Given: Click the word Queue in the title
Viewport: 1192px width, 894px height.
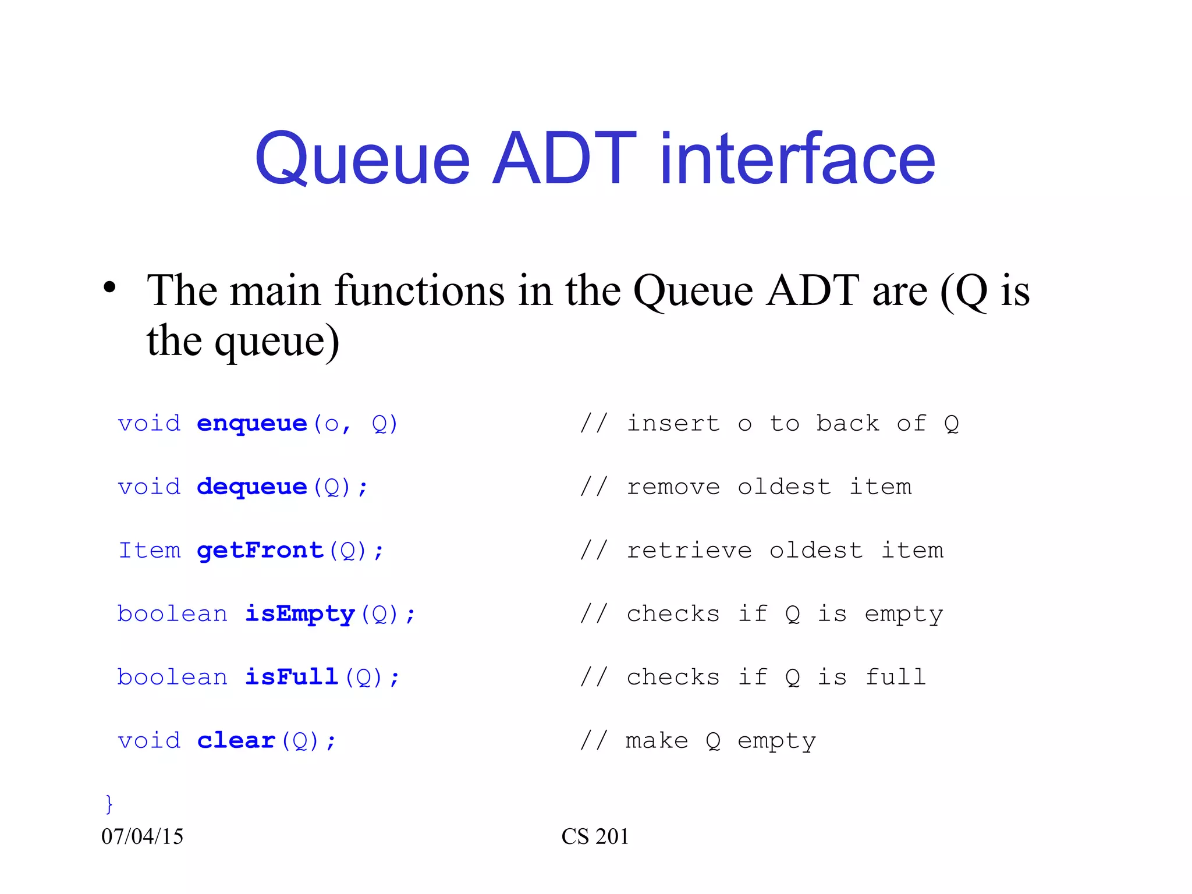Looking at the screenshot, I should (362, 158).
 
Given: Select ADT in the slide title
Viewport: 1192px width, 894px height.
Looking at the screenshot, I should (563, 158).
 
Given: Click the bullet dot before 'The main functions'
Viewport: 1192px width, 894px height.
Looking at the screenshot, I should (109, 288).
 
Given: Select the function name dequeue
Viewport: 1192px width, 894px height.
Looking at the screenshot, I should (251, 487).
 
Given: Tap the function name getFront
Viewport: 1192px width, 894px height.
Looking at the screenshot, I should (260, 551).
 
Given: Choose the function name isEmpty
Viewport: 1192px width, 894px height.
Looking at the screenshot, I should (299, 614).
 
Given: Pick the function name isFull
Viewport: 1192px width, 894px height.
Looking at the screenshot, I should (291, 677).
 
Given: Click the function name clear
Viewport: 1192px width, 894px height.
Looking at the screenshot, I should (236, 740).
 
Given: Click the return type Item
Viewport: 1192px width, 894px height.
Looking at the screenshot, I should (149, 551).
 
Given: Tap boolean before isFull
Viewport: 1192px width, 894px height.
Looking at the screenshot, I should (172, 677).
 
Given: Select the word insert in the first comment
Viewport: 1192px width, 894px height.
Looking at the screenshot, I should (673, 424).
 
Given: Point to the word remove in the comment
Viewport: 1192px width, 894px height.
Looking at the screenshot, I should (673, 487).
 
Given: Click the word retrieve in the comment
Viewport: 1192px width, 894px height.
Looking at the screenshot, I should (689, 551).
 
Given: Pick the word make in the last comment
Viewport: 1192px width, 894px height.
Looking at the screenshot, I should (657, 741).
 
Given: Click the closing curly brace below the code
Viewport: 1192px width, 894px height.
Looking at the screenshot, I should (108, 804).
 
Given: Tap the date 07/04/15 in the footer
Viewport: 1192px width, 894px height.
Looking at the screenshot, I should (142, 836).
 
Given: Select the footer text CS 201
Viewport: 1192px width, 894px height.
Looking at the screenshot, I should (595, 836).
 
